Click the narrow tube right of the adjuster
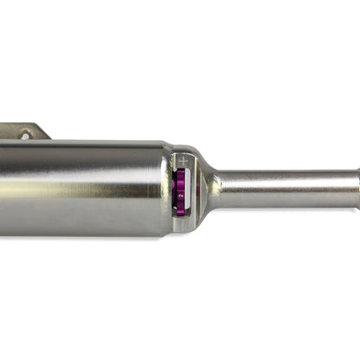(286, 188)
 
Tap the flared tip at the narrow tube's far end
(356, 188)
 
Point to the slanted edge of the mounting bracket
(43, 132)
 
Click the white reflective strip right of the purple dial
(193, 192)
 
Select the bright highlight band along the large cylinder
(78, 170)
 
